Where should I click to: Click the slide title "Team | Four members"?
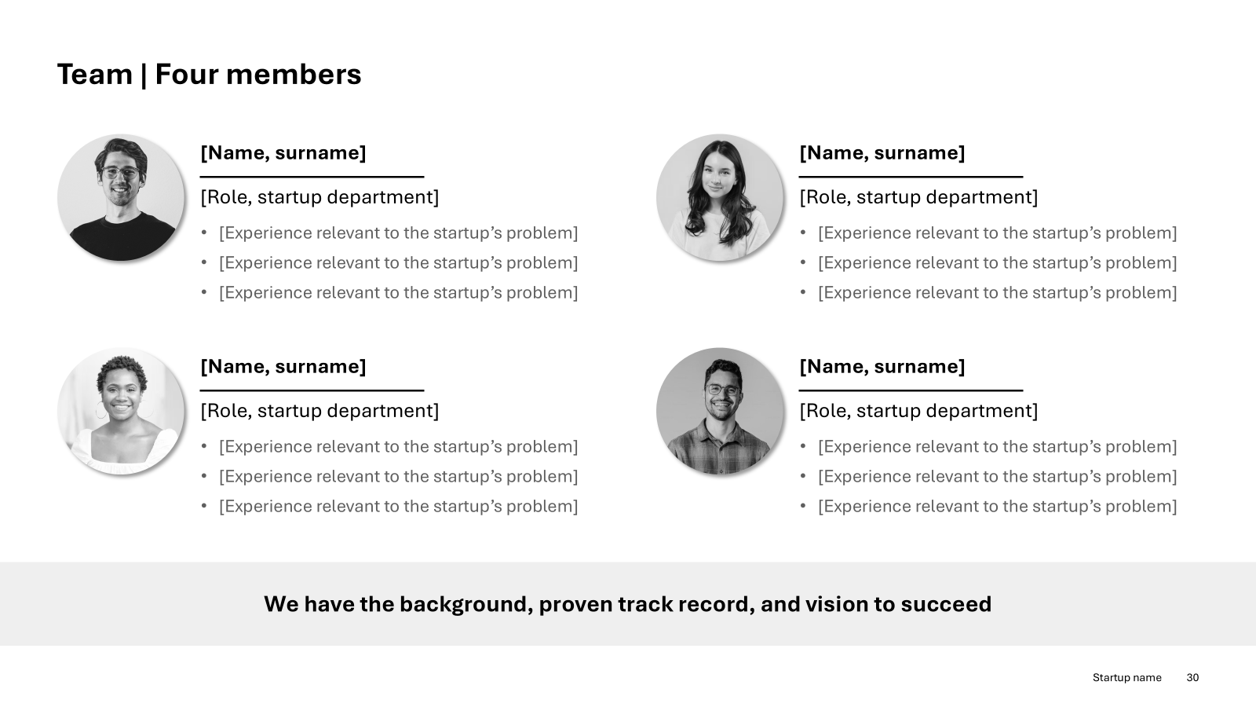click(x=209, y=75)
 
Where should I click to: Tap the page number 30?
click(x=1192, y=677)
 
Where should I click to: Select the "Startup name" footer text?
click(x=1127, y=677)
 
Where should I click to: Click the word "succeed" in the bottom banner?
click(x=947, y=604)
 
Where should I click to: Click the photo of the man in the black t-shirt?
click(x=121, y=197)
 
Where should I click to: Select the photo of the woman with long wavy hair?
click(x=719, y=197)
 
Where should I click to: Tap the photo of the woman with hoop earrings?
click(x=121, y=412)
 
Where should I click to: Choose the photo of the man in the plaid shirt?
click(x=719, y=412)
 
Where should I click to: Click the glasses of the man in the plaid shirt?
click(x=723, y=390)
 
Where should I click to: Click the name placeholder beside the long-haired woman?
click(x=882, y=152)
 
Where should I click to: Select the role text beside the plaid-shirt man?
click(x=918, y=411)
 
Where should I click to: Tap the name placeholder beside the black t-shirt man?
click(x=283, y=152)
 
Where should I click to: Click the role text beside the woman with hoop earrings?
click(x=319, y=411)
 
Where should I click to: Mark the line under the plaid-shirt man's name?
click(x=911, y=390)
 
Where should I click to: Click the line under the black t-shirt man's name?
click(x=312, y=177)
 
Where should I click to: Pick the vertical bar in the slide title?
click(x=144, y=75)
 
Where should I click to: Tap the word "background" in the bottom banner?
click(x=466, y=604)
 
